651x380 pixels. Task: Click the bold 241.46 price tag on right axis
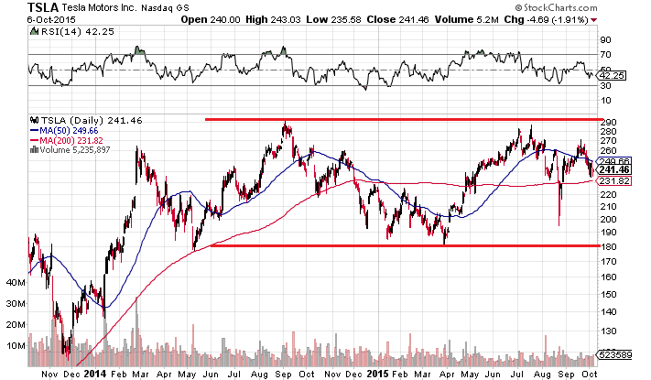pos(611,169)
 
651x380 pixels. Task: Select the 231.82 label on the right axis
pos(611,181)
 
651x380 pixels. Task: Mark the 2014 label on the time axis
pos(95,373)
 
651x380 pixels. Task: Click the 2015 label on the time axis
pos(377,373)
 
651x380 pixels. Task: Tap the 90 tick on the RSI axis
pos(605,40)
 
